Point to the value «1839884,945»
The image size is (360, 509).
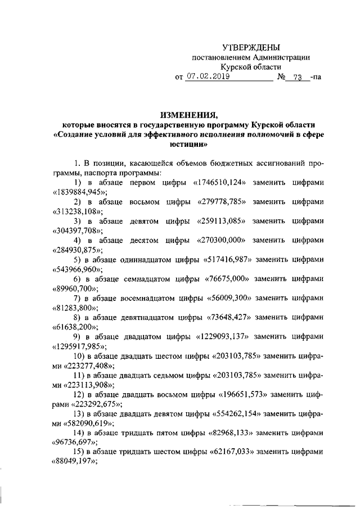tap(79, 192)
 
